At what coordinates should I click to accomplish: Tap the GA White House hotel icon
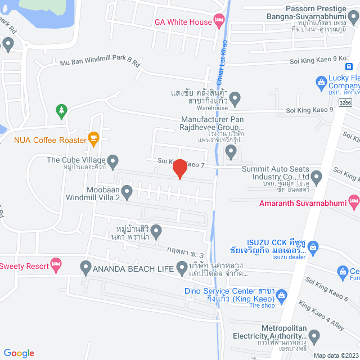pyautogui.click(x=219, y=22)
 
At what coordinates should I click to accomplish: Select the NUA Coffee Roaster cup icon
pyautogui.click(x=93, y=139)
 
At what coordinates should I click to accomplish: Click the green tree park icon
pyautogui.click(x=61, y=110)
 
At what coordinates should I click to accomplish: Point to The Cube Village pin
pyautogui.click(x=112, y=162)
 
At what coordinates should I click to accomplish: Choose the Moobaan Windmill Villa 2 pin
pyautogui.click(x=127, y=193)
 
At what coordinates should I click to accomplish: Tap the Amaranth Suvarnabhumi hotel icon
pyautogui.click(x=354, y=200)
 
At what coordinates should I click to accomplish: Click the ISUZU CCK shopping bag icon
pyautogui.click(x=313, y=246)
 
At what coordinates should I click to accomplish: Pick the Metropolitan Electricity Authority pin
pyautogui.click(x=314, y=336)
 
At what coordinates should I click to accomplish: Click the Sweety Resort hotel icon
pyautogui.click(x=55, y=263)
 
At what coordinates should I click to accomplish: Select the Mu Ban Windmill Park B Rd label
pyautogui.click(x=100, y=63)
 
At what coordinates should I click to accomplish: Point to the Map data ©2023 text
pyautogui.click(x=335, y=355)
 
